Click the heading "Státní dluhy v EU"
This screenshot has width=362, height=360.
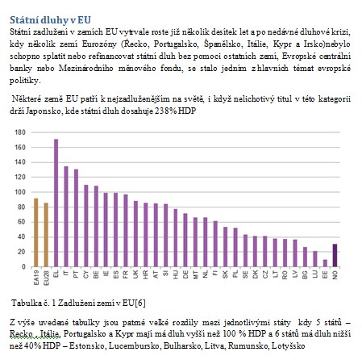tap(50, 20)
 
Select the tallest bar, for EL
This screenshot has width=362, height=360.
tap(56, 203)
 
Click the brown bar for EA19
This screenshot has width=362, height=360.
tap(36, 232)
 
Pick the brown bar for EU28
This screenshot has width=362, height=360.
tap(46, 235)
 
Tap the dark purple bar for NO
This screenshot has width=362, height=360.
tap(335, 255)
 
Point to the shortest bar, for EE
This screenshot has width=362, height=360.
tap(325, 263)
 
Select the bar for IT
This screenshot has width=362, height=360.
tap(66, 216)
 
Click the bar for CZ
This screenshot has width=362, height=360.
tap(265, 252)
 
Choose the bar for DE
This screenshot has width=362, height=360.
tap(185, 241)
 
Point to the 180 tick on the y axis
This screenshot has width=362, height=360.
tap(20, 132)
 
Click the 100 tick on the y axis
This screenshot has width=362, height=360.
tap(20, 192)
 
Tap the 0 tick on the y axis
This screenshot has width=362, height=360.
tap(23, 267)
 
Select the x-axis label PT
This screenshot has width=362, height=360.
tap(76, 274)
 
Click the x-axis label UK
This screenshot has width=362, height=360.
tap(135, 274)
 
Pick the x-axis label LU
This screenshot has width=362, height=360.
tap(315, 274)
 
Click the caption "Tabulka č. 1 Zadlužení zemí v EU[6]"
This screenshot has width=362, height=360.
tap(78, 303)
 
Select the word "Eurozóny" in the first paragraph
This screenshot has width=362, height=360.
tap(99, 44)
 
